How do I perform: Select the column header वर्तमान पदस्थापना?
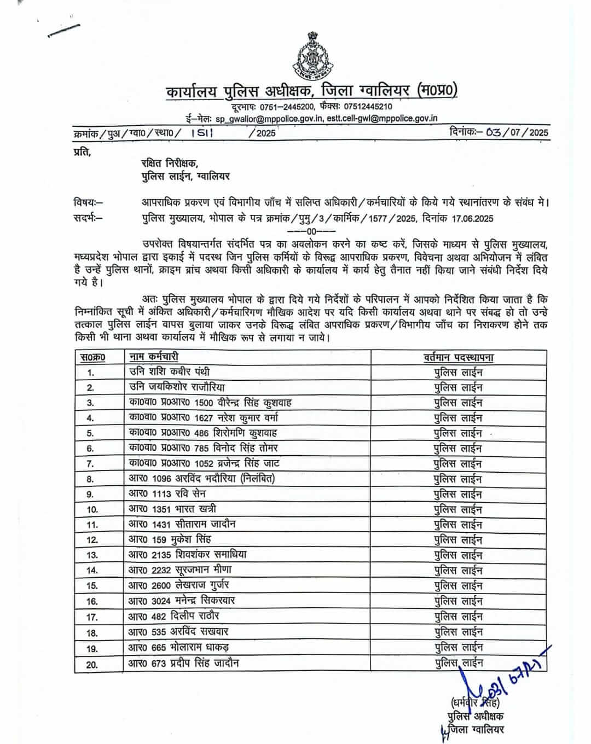point(459,358)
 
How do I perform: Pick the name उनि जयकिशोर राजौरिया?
point(177,387)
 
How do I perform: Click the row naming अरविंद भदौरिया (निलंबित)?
point(202,479)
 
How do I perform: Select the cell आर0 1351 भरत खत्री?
point(172,509)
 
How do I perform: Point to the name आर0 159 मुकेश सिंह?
point(169,539)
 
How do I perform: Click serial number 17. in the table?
point(91,617)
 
